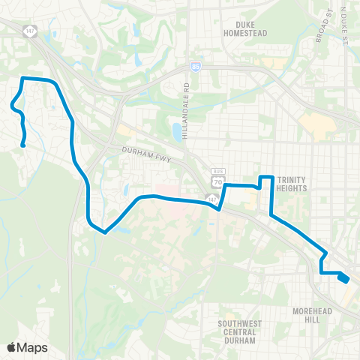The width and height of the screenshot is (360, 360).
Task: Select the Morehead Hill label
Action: tap(312, 314)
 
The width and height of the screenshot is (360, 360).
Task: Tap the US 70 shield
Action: tap(217, 181)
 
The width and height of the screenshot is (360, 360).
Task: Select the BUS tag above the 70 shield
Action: tap(217, 172)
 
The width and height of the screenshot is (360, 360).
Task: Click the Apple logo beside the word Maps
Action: tap(11, 347)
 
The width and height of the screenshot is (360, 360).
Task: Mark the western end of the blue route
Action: tap(24, 145)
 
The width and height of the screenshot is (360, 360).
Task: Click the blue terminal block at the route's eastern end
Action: tap(343, 278)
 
